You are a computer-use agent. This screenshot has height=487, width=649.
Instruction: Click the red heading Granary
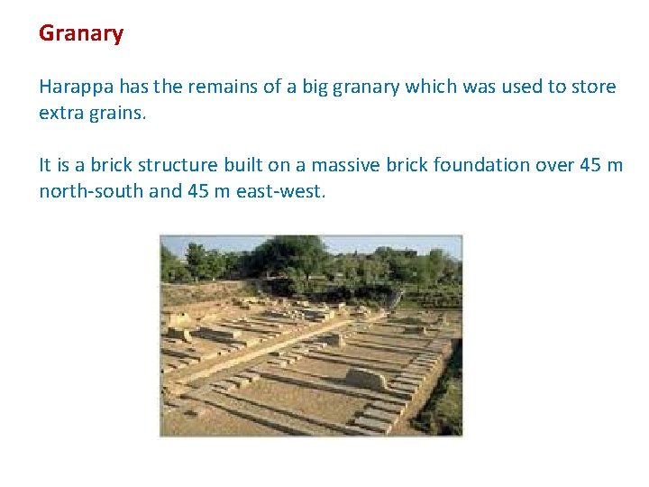point(81,34)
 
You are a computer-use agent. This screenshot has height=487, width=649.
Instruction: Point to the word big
point(316,87)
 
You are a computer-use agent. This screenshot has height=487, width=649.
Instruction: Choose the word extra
point(59,115)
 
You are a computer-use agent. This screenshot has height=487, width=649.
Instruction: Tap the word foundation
point(481,166)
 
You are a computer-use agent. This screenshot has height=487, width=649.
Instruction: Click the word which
point(430,87)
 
